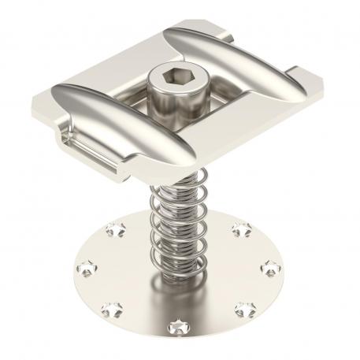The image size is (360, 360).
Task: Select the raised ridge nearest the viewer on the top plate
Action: click(x=118, y=119)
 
